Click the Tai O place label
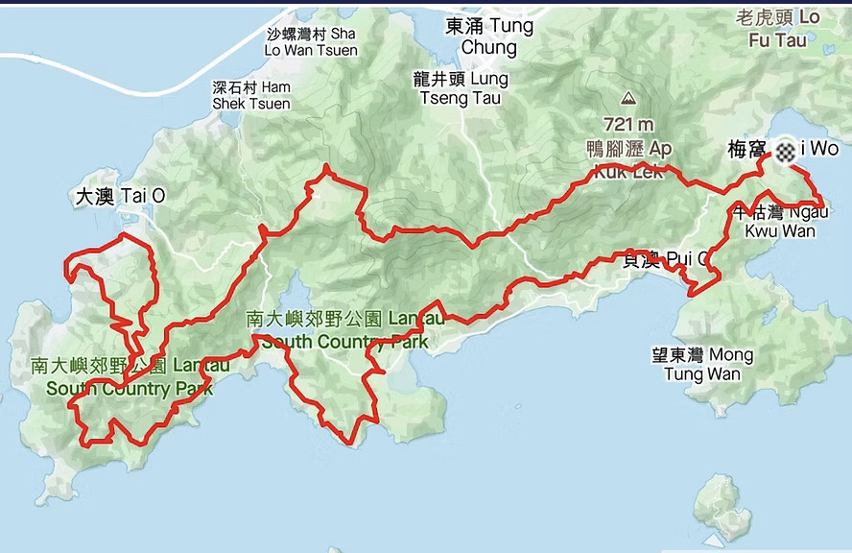click(120, 196)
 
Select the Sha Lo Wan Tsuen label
click(312, 42)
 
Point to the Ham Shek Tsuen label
click(251, 95)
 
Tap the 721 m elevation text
click(628, 124)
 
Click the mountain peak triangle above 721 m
click(628, 98)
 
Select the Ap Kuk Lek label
click(628, 160)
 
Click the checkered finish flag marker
click(786, 149)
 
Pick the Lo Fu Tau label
click(778, 29)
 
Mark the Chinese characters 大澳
click(94, 196)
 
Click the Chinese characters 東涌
click(465, 26)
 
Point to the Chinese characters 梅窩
click(746, 150)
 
